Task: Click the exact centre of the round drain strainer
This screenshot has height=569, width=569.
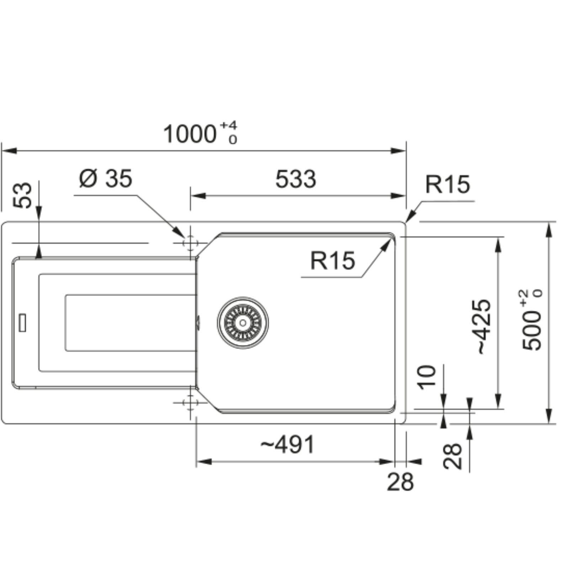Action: coord(243,323)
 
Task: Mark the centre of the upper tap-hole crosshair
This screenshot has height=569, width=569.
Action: coord(190,243)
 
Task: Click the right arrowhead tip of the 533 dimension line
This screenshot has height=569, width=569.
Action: coord(405,196)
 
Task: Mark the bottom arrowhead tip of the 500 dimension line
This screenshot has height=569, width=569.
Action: coord(550,424)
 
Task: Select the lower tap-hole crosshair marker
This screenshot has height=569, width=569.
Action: coord(190,403)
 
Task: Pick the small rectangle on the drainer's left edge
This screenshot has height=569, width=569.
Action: coord(22,322)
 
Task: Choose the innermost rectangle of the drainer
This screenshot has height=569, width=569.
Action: coord(130,323)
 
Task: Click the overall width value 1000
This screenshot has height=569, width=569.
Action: coord(190,134)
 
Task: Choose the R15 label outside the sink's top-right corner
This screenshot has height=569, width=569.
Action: coord(448,184)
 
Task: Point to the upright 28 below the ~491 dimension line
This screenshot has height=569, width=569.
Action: coord(400,482)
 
